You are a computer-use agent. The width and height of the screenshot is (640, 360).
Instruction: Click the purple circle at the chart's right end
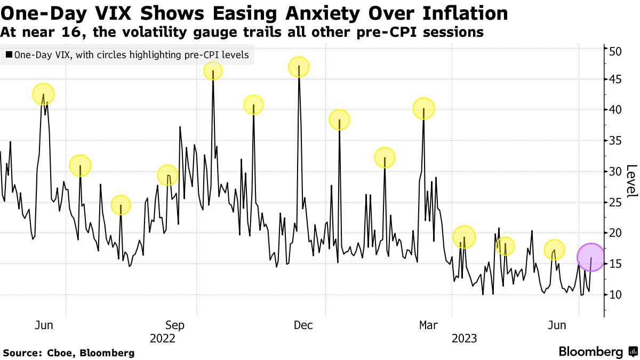[x=590, y=257]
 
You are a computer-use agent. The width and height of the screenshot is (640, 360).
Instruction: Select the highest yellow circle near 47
[x=299, y=67]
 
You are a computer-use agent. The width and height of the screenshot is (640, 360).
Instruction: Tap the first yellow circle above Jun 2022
[x=44, y=94]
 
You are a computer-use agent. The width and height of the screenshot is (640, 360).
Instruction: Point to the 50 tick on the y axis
[x=616, y=51]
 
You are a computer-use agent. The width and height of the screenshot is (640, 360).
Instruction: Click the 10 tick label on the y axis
[x=616, y=294]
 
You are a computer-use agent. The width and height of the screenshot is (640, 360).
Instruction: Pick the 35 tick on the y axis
[x=616, y=141]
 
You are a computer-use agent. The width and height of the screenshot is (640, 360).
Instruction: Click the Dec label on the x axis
[x=303, y=325]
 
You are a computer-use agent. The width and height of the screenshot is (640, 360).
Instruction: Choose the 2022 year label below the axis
[x=163, y=338]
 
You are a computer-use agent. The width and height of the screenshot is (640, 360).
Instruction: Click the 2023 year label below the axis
[x=464, y=338]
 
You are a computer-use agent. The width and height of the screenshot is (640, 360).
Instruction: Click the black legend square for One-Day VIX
[x=9, y=55]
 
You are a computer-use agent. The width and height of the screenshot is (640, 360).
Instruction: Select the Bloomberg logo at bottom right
[x=597, y=352]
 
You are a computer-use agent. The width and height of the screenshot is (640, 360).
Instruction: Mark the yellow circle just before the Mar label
[x=424, y=109]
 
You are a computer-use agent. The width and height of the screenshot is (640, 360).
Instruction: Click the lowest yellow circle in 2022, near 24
[x=121, y=205]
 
